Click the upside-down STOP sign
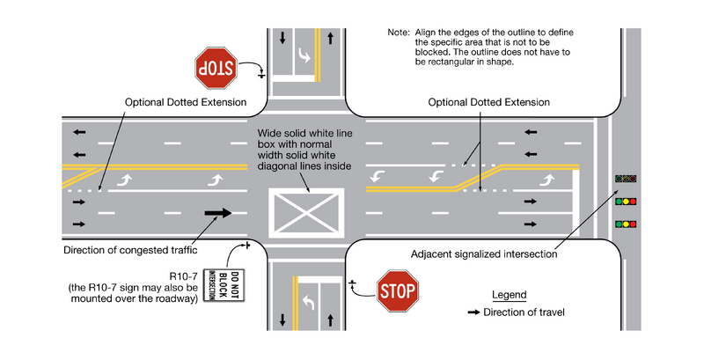click(216, 68)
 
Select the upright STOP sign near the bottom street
click(398, 291)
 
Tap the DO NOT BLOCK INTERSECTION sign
click(216, 285)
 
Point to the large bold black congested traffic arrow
click(217, 212)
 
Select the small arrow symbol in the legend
click(473, 312)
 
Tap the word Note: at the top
click(399, 32)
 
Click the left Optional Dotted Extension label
click(186, 102)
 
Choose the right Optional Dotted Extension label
click(488, 102)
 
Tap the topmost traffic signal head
click(626, 179)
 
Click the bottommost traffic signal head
click(626, 224)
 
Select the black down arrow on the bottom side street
click(283, 318)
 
